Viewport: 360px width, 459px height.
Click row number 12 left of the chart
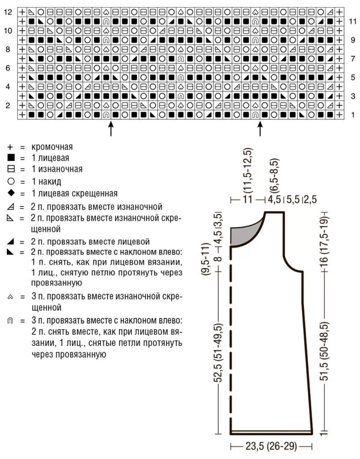[8, 12]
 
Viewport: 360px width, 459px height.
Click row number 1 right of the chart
[353, 115]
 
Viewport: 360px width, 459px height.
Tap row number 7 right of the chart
[353, 59]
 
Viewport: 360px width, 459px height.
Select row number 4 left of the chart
[8, 86]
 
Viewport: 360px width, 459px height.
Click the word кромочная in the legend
[52, 147]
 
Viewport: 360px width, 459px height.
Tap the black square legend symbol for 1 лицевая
[11, 158]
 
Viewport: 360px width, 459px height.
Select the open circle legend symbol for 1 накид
[11, 182]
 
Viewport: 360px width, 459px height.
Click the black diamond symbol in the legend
[11, 193]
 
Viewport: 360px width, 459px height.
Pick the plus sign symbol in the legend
[11, 147]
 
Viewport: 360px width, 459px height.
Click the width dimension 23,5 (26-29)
[271, 447]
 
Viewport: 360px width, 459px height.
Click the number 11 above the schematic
[247, 200]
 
